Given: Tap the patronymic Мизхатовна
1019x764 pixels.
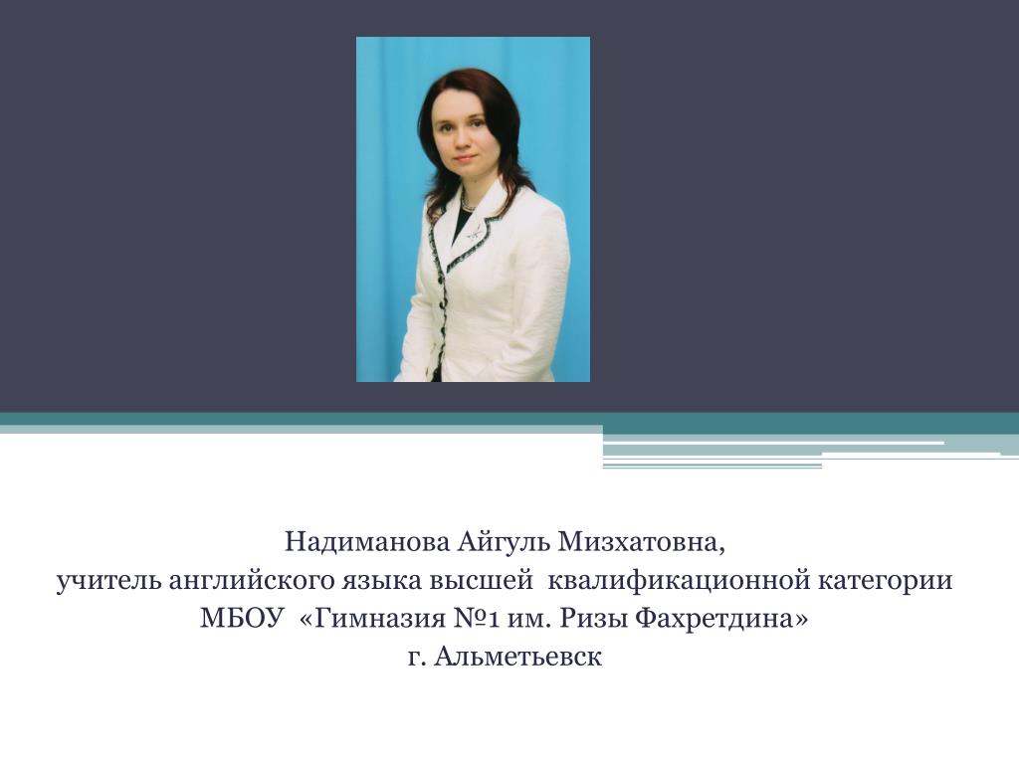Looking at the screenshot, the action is pos(641,542).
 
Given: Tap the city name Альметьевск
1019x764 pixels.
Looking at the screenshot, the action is pos(517,657).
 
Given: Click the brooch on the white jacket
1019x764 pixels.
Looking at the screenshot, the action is pos(475,231).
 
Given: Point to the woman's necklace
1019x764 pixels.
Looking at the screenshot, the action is pos(469,205).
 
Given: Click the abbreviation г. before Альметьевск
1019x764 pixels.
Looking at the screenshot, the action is pos(417,658).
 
